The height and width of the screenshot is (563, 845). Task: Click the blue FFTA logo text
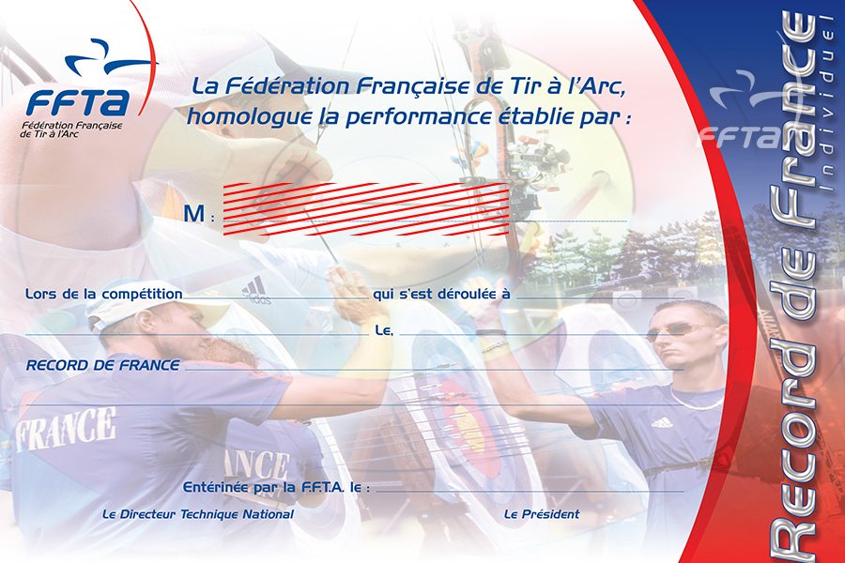pos(79,101)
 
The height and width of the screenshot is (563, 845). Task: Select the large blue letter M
pos(194,214)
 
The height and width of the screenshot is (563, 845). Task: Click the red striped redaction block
pos(366,209)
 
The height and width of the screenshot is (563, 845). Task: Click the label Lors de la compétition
pos(104,294)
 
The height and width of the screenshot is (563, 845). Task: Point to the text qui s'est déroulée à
pos(441,294)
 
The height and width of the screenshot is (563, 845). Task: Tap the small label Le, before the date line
pos(384,330)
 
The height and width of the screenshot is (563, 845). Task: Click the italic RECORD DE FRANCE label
pos(103,365)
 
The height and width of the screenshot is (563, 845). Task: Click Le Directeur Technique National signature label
pos(198,514)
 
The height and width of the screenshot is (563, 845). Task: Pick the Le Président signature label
pos(542,514)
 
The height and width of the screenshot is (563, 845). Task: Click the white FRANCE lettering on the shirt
pos(65,430)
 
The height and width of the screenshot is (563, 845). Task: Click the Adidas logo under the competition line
pos(255,291)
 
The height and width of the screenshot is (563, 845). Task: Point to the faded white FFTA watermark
pos(741,137)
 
